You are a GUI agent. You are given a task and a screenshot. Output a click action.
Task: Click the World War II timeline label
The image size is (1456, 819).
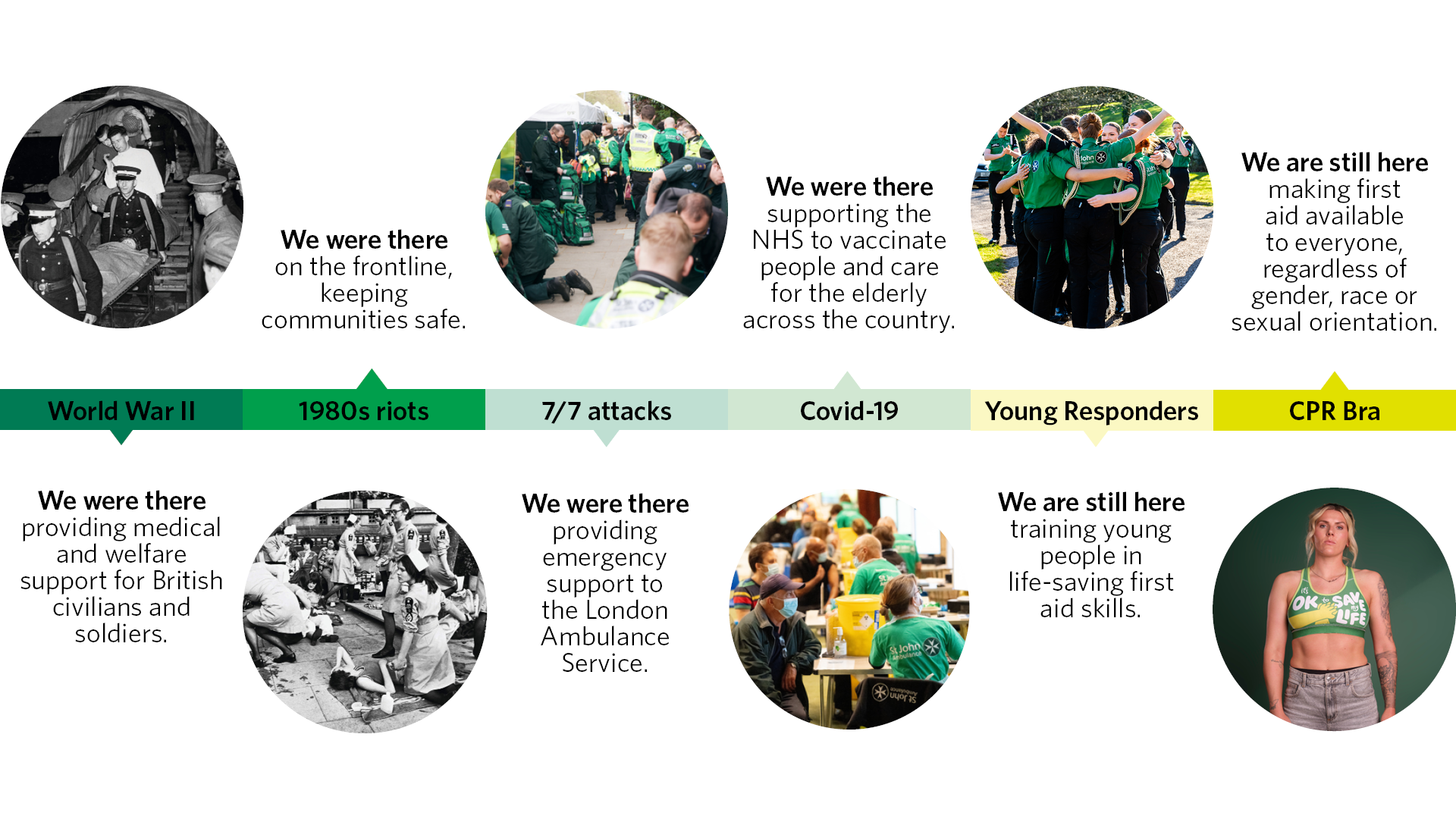point(121,411)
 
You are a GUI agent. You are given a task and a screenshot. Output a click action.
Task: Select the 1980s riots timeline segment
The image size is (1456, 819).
point(364,410)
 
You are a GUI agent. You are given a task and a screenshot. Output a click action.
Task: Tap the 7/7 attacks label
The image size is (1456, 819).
point(607,411)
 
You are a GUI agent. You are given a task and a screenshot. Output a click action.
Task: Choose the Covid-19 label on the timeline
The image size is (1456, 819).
point(849,411)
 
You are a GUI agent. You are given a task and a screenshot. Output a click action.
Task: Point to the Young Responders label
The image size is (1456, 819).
point(1092,411)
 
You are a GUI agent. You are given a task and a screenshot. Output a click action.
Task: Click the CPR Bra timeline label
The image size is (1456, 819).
point(1335,411)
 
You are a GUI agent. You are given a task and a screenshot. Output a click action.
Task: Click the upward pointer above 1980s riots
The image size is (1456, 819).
point(372,379)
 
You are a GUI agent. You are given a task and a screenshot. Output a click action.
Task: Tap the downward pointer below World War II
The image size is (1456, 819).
point(121,438)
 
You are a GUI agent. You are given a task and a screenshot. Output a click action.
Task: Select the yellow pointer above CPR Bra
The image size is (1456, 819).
point(1335,381)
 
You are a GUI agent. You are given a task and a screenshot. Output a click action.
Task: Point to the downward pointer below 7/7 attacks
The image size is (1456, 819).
point(607,438)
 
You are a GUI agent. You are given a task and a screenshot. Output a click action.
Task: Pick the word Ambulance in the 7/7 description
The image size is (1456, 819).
point(605,637)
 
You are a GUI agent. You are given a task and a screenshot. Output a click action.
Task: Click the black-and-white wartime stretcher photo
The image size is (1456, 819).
point(122,206)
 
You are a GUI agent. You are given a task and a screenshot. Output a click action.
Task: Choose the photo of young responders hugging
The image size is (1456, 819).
point(1092,206)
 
